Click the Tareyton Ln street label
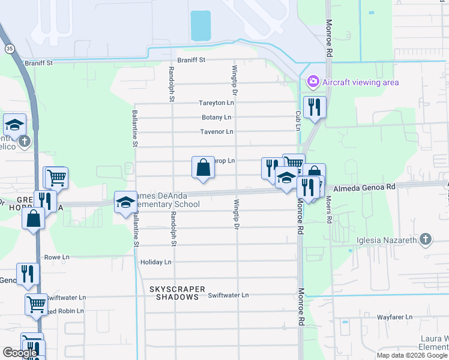point(216,103)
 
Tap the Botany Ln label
point(216,118)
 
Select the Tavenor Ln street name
point(216,132)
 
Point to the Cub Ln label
point(298,116)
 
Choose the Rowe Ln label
point(57,257)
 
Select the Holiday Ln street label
point(155,263)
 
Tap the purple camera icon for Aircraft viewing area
point(313,82)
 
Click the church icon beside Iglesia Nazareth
point(425,240)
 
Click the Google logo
point(20,353)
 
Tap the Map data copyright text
point(411,355)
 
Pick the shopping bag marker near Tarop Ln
point(203,167)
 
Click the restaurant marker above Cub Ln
point(315,107)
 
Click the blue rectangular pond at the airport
point(200,25)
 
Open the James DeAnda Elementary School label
point(168,200)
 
